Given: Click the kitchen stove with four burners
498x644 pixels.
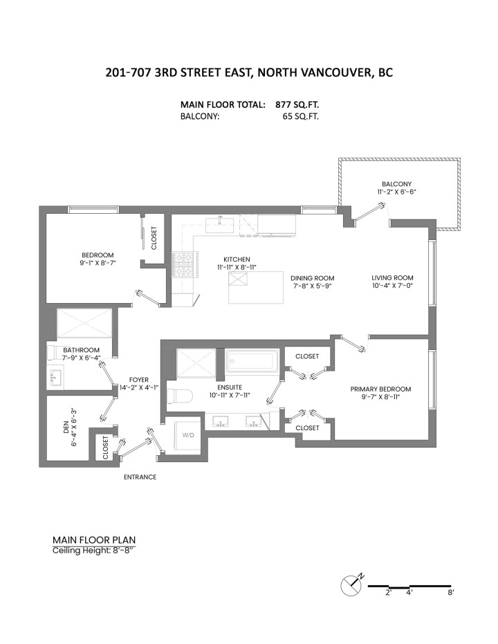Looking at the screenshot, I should pyautogui.click(x=184, y=263).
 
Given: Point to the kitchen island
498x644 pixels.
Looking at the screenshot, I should pyautogui.click(x=257, y=287).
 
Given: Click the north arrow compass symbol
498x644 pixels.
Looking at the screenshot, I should pyautogui.click(x=352, y=586).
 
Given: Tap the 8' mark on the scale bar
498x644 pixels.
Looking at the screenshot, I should pyautogui.click(x=450, y=593).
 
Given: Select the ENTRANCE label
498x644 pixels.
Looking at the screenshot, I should pyautogui.click(x=140, y=477).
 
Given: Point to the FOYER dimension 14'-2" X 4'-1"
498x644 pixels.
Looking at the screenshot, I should pyautogui.click(x=140, y=387).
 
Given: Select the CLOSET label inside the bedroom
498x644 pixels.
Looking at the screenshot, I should pyautogui.click(x=153, y=238).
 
